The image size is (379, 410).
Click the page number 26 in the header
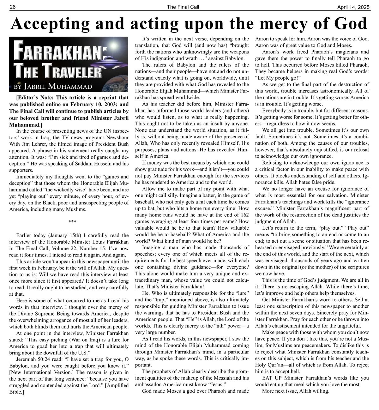pos(13,7)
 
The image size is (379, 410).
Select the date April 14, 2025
pos(353,7)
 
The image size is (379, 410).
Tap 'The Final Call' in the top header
pos(183,7)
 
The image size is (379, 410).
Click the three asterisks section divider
pos(72,222)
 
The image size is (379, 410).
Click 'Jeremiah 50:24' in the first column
pos(32,359)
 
